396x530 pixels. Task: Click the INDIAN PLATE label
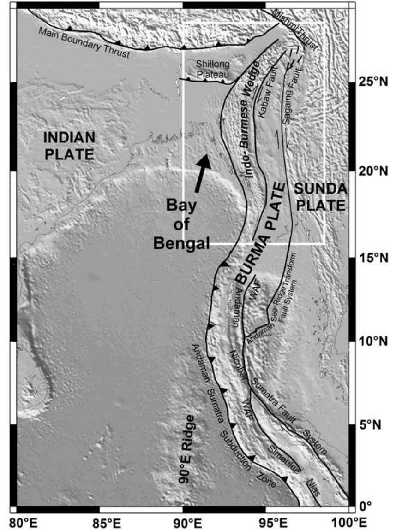(69, 145)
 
